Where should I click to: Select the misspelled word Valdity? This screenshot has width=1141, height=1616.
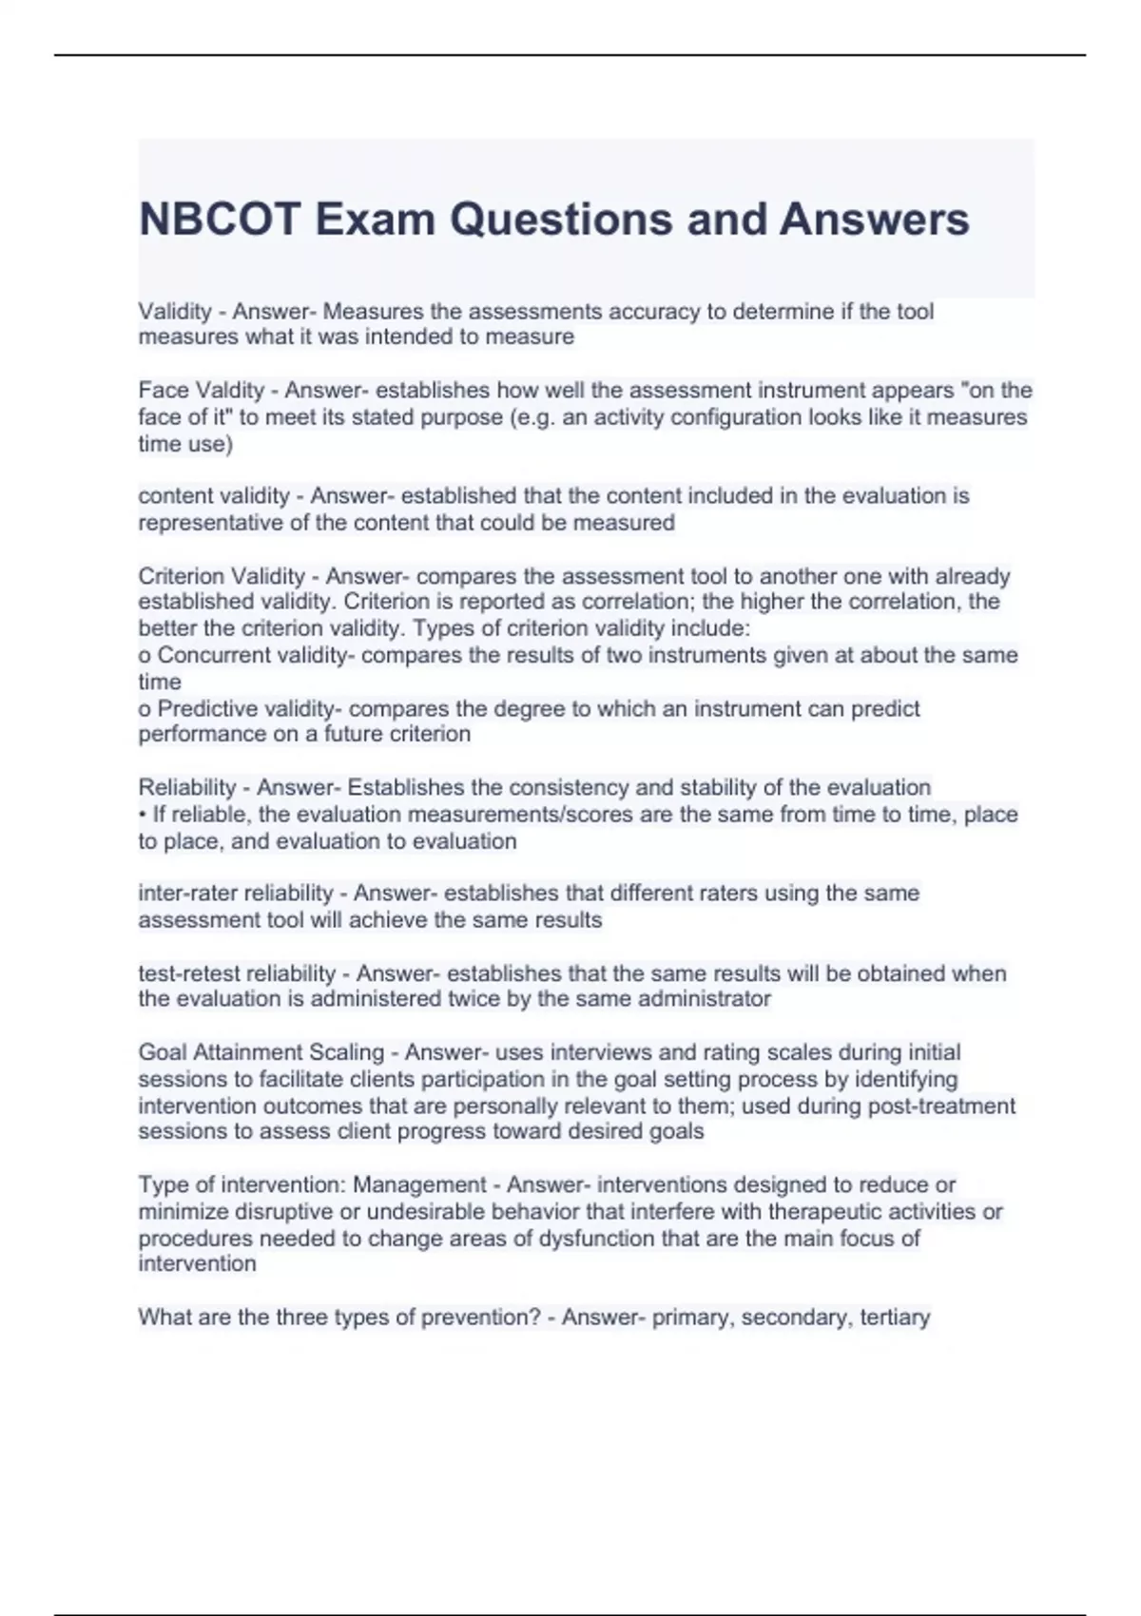(x=229, y=391)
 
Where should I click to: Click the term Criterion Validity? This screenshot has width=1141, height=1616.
(x=222, y=576)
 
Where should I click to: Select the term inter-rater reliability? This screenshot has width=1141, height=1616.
(x=236, y=894)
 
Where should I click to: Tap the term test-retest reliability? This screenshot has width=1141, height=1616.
(x=237, y=973)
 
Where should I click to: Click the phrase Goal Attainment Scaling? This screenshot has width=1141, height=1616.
(x=261, y=1052)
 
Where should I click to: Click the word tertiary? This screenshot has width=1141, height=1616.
(x=895, y=1318)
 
